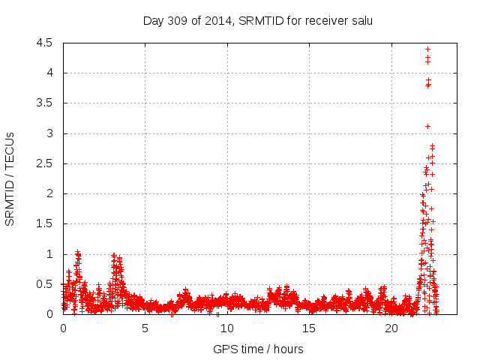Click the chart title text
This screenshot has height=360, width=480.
[258, 20]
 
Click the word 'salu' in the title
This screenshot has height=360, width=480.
[361, 20]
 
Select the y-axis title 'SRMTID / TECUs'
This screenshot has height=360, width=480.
[10, 178]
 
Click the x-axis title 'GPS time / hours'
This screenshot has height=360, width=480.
[258, 349]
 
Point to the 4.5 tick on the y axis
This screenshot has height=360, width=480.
[43, 43]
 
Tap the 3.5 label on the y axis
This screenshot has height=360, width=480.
[43, 103]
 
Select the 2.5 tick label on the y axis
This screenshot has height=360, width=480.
[43, 163]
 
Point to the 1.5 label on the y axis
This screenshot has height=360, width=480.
[43, 224]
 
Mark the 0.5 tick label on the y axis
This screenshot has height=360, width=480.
[43, 284]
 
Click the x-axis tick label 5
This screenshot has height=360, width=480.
[145, 328]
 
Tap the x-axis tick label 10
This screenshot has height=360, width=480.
[226, 328]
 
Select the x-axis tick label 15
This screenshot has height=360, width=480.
[309, 328]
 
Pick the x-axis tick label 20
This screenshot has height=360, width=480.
[391, 328]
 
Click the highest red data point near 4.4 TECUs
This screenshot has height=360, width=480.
[427, 49]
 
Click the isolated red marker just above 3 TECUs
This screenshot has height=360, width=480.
[427, 126]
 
